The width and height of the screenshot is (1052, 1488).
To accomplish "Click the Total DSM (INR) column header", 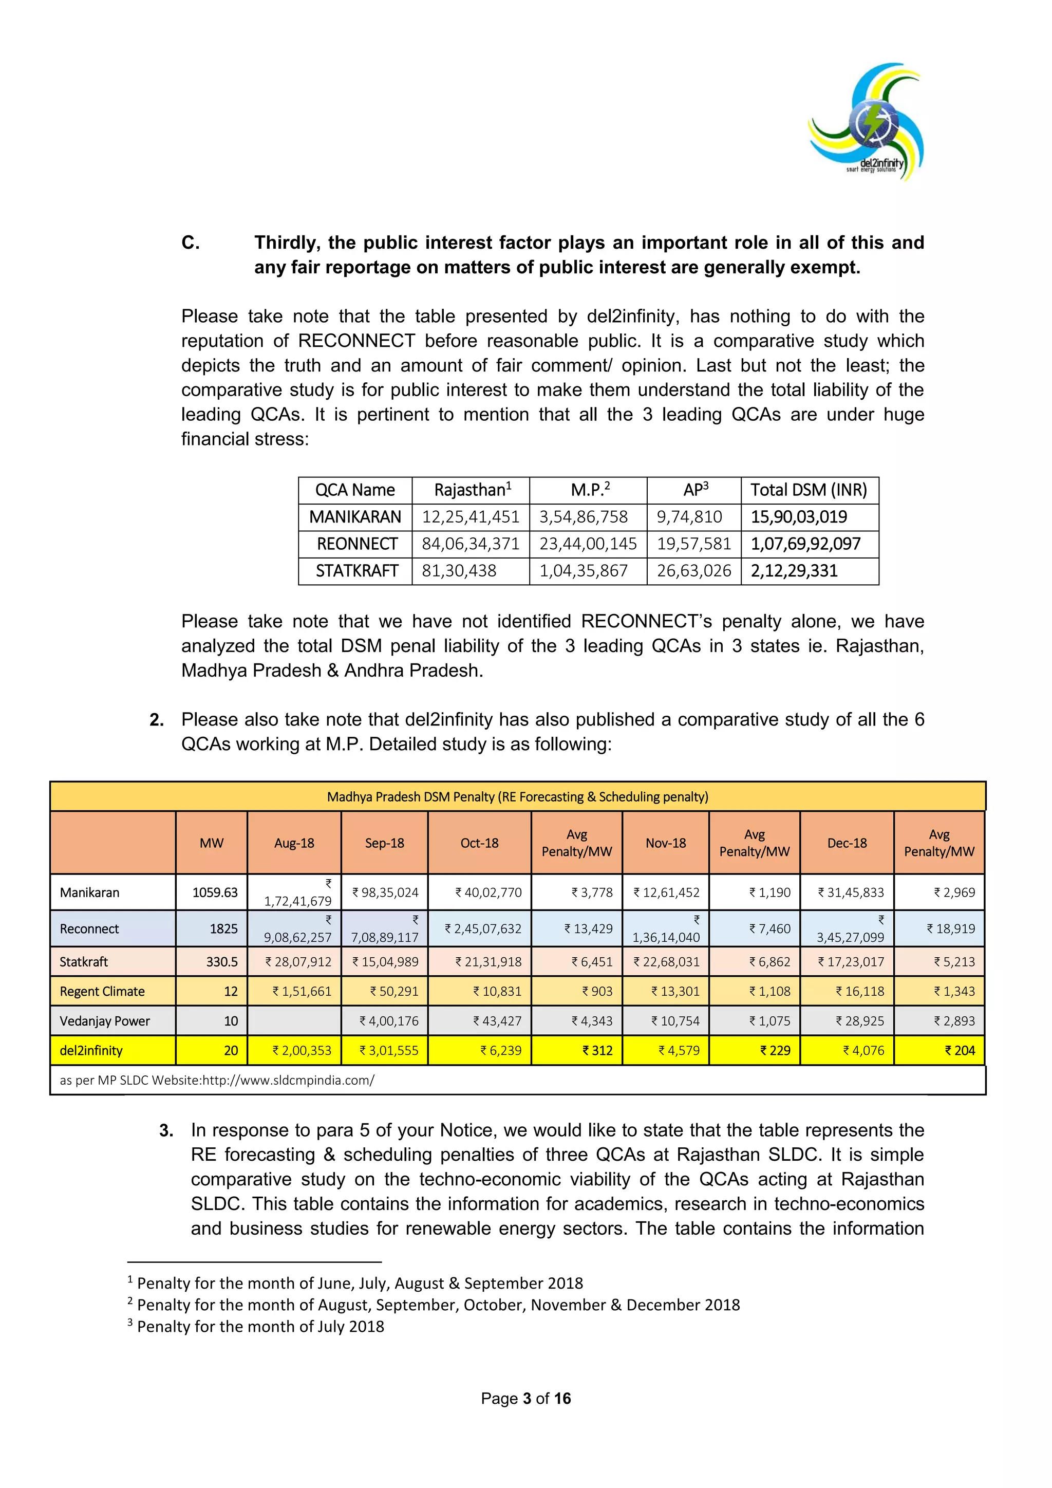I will click(x=809, y=490).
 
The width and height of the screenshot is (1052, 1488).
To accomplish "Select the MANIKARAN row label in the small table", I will click(x=355, y=517).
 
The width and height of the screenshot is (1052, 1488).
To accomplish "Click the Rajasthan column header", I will click(x=472, y=490).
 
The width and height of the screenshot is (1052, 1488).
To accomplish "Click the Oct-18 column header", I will click(x=479, y=843).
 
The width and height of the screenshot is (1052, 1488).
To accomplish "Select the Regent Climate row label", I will click(x=102, y=992).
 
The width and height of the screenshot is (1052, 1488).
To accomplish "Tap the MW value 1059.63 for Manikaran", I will click(x=215, y=892).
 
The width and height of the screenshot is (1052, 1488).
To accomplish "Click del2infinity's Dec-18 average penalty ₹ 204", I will click(x=960, y=1051).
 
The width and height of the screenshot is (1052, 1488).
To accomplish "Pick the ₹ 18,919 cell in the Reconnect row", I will click(x=950, y=928).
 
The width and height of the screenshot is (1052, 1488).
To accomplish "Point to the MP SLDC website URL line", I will click(x=217, y=1081).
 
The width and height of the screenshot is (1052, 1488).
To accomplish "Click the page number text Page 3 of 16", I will click(x=525, y=1399).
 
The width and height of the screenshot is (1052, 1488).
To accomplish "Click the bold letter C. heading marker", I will click(x=191, y=243).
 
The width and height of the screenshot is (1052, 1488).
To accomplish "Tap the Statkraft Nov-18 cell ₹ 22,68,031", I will click(x=666, y=962).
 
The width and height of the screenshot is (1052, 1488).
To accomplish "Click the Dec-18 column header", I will click(x=847, y=843).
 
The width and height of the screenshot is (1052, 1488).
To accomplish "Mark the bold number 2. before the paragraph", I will click(x=156, y=720).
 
